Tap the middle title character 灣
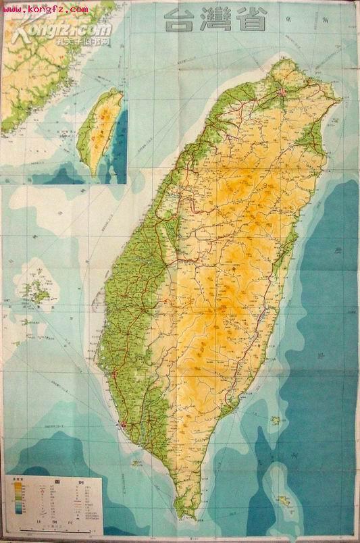click(215, 20)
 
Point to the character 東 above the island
click(270, 22)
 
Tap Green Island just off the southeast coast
click(276, 420)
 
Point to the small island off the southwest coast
click(136, 463)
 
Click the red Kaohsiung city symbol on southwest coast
click(122, 425)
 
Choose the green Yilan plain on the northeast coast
click(311, 138)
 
